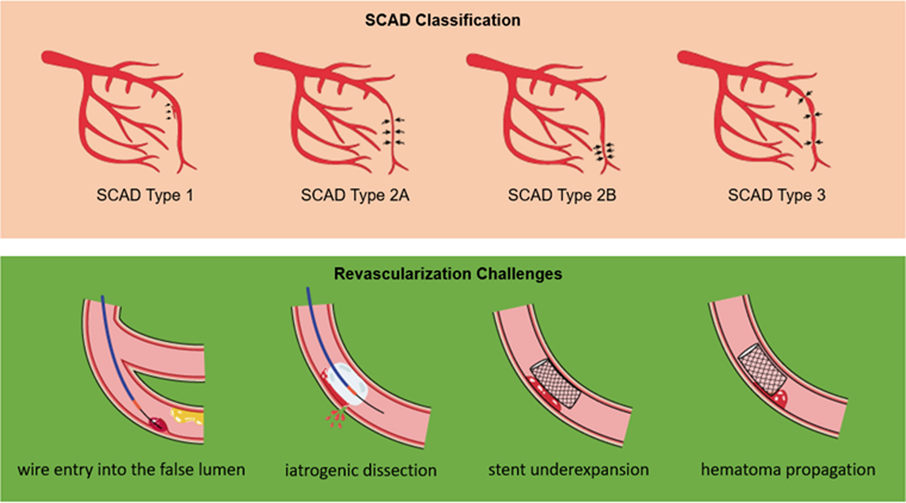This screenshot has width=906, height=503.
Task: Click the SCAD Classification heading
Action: click(443, 20)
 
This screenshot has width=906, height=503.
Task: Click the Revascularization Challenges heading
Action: click(448, 273)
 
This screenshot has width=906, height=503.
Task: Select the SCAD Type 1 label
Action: click(145, 195)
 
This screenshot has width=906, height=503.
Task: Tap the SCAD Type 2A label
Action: click(355, 195)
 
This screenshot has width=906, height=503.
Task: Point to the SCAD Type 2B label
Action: click(562, 195)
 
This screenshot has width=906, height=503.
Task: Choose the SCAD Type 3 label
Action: click(777, 195)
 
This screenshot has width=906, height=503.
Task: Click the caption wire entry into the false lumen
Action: click(131, 469)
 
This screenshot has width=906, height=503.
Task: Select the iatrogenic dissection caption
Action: click(361, 470)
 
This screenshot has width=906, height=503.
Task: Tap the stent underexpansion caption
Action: click(568, 469)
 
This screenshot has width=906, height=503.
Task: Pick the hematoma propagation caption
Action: click(788, 469)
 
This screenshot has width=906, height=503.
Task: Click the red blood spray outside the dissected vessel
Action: click(336, 417)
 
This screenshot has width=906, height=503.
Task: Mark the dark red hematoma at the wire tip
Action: click(157, 424)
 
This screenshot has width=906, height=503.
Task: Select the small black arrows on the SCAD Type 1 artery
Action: click(170, 111)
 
